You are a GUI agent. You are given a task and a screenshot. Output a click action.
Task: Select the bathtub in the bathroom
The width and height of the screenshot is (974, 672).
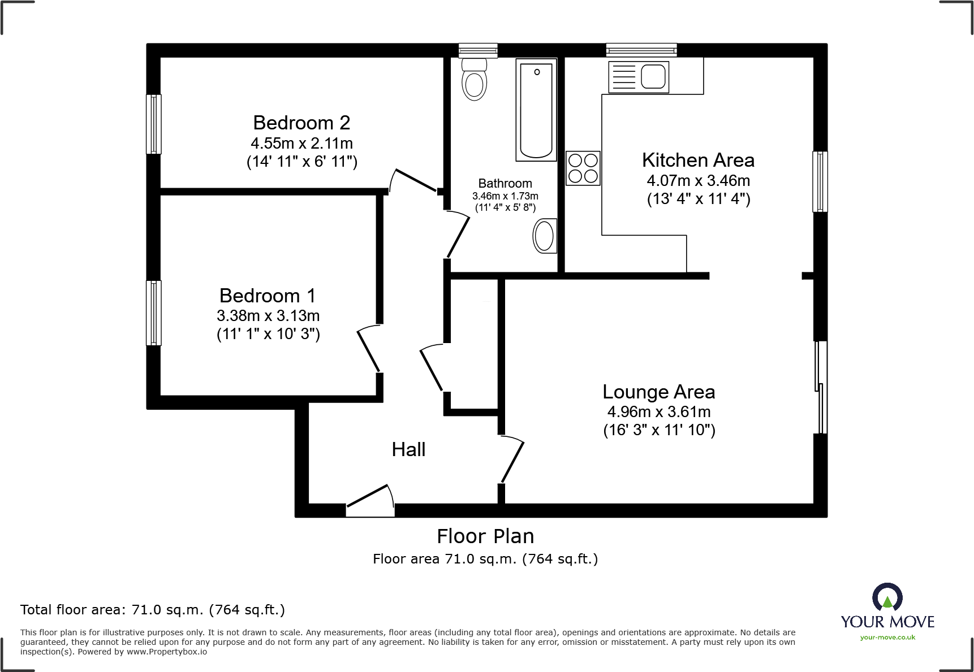[x=536, y=110]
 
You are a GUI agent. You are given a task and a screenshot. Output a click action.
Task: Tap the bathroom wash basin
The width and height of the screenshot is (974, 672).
[x=544, y=236]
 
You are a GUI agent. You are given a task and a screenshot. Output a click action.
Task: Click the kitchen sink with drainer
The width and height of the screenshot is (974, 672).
[x=639, y=77]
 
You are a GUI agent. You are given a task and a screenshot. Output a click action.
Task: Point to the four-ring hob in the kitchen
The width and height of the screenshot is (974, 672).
[x=583, y=168]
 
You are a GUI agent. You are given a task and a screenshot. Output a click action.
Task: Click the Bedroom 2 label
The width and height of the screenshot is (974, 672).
[x=301, y=123]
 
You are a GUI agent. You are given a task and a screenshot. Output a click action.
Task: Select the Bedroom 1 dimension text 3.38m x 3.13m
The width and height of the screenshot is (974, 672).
[x=268, y=315]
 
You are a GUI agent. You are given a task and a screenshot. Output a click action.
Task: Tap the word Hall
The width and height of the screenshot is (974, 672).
[x=408, y=450]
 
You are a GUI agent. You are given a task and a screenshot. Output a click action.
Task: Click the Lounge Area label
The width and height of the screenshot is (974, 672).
[x=658, y=392]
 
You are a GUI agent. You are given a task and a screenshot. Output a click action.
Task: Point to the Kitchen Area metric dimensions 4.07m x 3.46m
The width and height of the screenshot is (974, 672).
[x=698, y=181]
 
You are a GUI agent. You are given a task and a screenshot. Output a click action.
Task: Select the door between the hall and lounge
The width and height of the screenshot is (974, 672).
[x=512, y=459]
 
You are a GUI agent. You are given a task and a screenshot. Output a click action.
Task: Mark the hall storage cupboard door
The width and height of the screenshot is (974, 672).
[x=432, y=368]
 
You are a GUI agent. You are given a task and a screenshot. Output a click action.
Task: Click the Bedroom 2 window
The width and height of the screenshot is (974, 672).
[x=153, y=124]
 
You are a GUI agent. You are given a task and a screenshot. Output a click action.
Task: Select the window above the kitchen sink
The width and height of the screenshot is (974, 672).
[x=641, y=50]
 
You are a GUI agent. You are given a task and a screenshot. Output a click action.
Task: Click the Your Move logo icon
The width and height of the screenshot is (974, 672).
[x=887, y=597]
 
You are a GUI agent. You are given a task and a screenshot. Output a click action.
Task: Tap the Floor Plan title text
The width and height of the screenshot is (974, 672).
[x=485, y=536]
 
